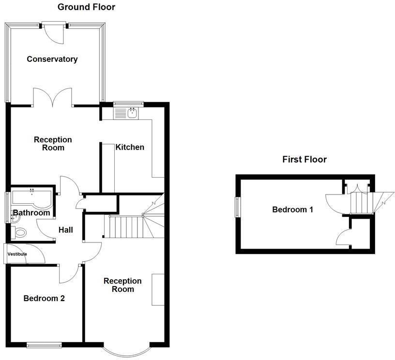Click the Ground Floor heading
click(86, 7)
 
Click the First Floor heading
click(304, 159)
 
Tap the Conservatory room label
click(52, 59)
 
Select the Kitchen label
click(129, 147)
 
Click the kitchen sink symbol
click(132, 113)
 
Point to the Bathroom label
click(31, 213)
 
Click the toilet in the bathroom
click(21, 233)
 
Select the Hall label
click(66, 230)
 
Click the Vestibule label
click(17, 254)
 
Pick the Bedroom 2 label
click(44, 299)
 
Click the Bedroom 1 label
click(292, 210)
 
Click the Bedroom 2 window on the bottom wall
click(44, 345)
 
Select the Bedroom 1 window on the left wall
click(238, 207)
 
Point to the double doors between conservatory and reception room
click(53, 97)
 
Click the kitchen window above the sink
click(128, 103)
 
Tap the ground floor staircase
click(127, 226)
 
